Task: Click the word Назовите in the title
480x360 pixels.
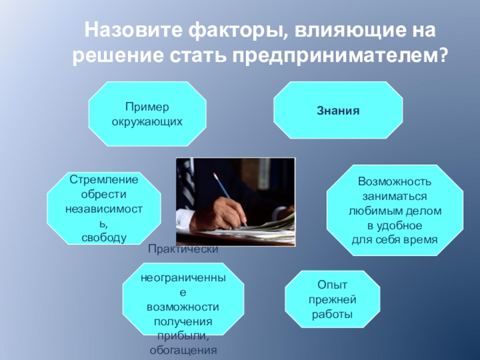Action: [x=133, y=31]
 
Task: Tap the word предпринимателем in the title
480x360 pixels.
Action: [x=335, y=56]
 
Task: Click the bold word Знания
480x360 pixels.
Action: [x=338, y=110]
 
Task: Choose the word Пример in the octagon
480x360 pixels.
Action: [x=147, y=107]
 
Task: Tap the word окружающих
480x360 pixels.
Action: [x=147, y=122]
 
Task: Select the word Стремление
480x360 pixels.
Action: [x=104, y=179]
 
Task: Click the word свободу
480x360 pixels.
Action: [x=104, y=238]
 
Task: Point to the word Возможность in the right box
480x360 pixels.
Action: [x=395, y=182]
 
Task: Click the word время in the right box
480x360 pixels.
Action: [x=421, y=239]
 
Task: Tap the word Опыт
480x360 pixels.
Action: [x=332, y=285]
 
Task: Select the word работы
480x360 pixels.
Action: [x=332, y=314]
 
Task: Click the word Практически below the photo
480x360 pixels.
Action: [x=183, y=249]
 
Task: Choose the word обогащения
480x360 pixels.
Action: [x=183, y=350]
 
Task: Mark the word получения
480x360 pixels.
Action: [x=183, y=322]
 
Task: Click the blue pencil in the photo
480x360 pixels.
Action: [x=230, y=200]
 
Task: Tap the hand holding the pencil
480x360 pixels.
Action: [x=218, y=214]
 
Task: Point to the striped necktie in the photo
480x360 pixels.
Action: [x=187, y=183]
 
